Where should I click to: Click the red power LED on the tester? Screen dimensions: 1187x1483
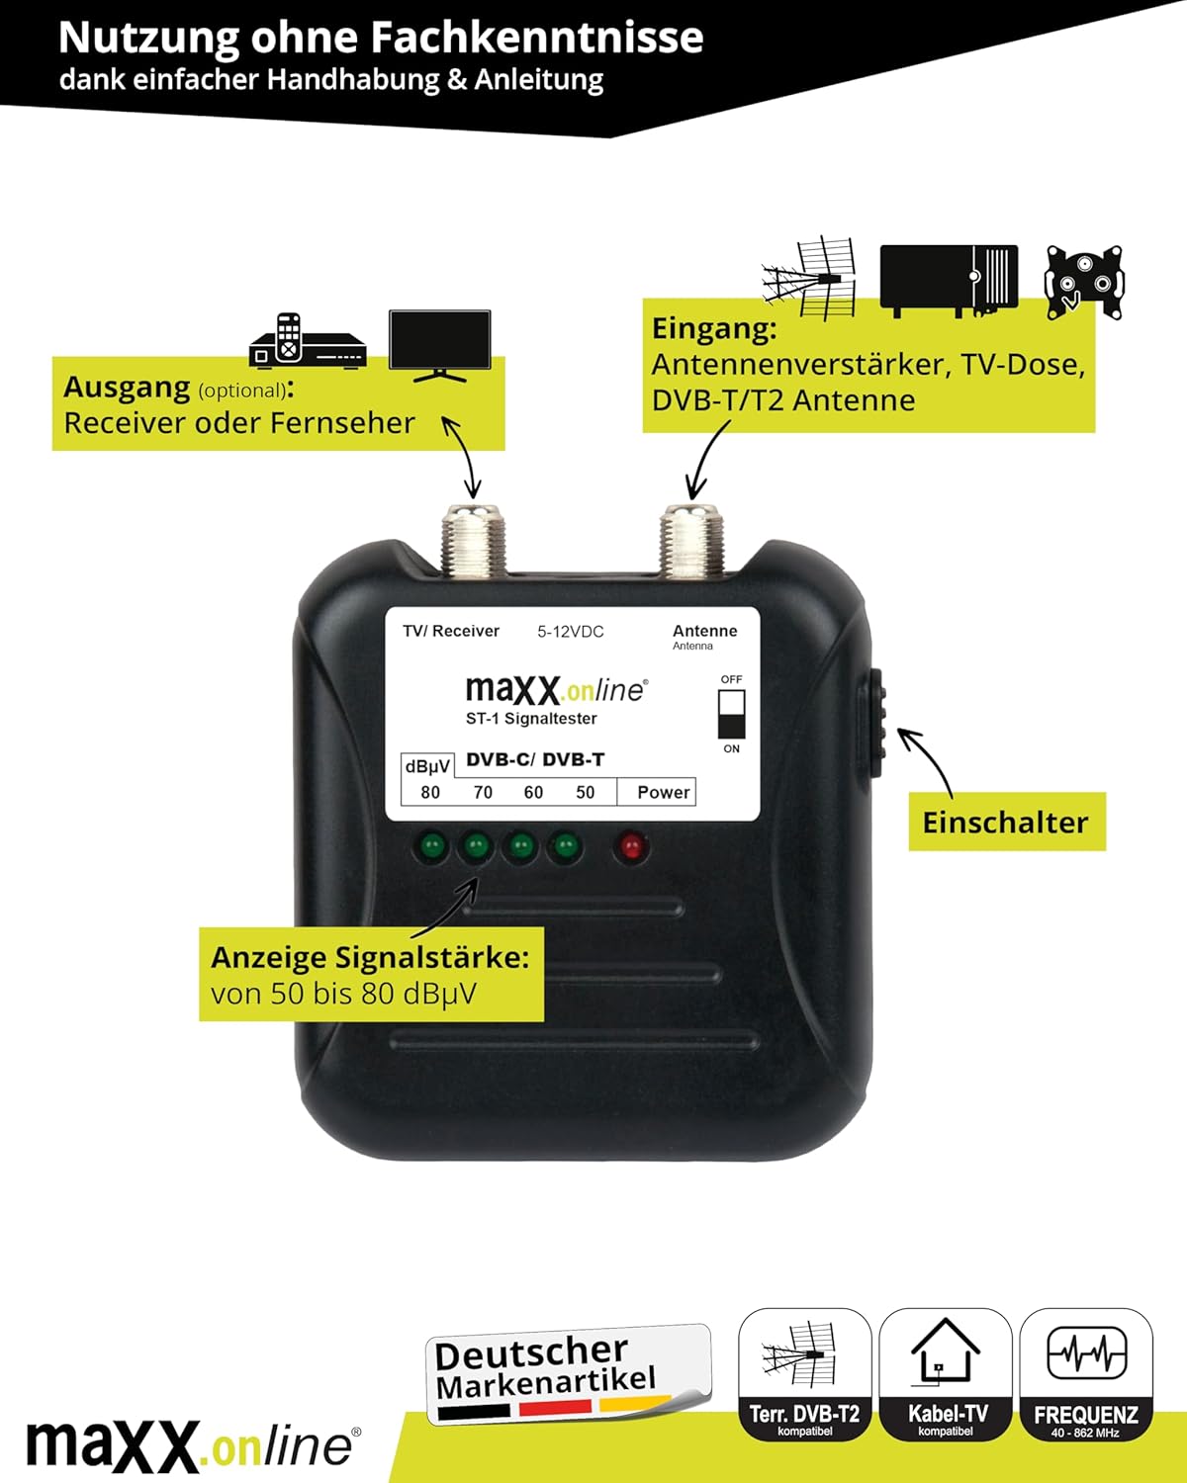(x=632, y=845)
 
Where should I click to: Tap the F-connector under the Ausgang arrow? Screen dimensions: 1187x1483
(x=473, y=540)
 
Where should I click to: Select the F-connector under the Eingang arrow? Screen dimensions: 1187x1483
(x=691, y=540)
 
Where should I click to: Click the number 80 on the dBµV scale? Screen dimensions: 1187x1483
(x=430, y=793)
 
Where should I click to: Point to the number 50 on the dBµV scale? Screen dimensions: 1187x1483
(x=585, y=793)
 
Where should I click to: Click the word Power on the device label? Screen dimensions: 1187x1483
(x=664, y=793)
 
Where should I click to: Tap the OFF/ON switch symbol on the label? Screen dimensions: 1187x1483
(x=731, y=714)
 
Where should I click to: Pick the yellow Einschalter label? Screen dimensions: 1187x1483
(x=1007, y=822)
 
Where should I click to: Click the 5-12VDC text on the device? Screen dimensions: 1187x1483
(x=571, y=632)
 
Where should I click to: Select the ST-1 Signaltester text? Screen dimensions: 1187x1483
(x=531, y=719)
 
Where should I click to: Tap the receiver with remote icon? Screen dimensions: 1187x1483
(x=308, y=341)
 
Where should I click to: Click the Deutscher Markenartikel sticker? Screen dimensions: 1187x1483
(x=569, y=1374)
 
